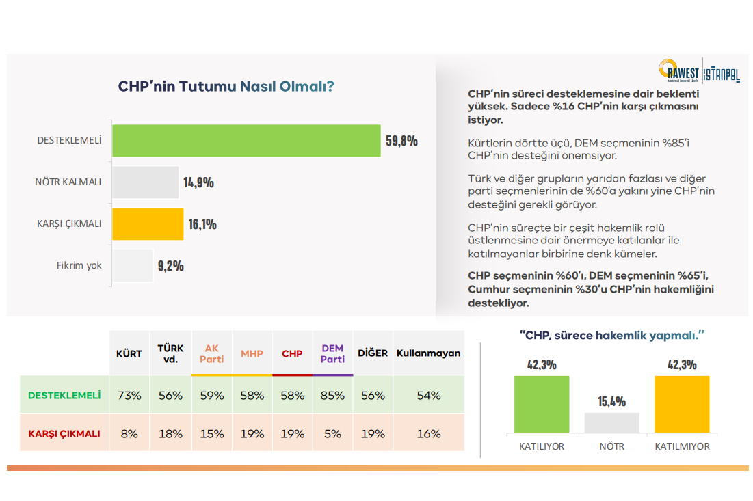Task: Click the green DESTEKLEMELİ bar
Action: tap(246, 141)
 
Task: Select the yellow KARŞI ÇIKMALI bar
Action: tap(148, 224)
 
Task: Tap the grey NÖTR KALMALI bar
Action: tap(145, 182)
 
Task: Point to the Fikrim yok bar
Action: tap(132, 265)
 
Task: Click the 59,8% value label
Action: tap(401, 141)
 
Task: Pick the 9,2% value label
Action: tap(171, 266)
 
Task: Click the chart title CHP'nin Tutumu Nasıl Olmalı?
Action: tap(226, 87)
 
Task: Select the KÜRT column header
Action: tap(129, 353)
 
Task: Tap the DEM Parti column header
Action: tap(332, 353)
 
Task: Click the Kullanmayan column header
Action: tap(429, 353)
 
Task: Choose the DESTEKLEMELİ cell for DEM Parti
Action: tap(332, 395)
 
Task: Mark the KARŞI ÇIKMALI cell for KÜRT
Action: tap(129, 433)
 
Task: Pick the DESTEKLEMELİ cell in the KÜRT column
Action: tap(129, 395)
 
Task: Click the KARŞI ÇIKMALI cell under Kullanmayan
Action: tap(429, 433)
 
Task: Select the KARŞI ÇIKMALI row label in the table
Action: tap(64, 433)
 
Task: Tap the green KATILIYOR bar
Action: tap(542, 404)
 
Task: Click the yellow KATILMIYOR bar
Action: tap(682, 404)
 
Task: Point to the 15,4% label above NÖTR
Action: tap(611, 401)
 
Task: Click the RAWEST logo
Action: tap(680, 70)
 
